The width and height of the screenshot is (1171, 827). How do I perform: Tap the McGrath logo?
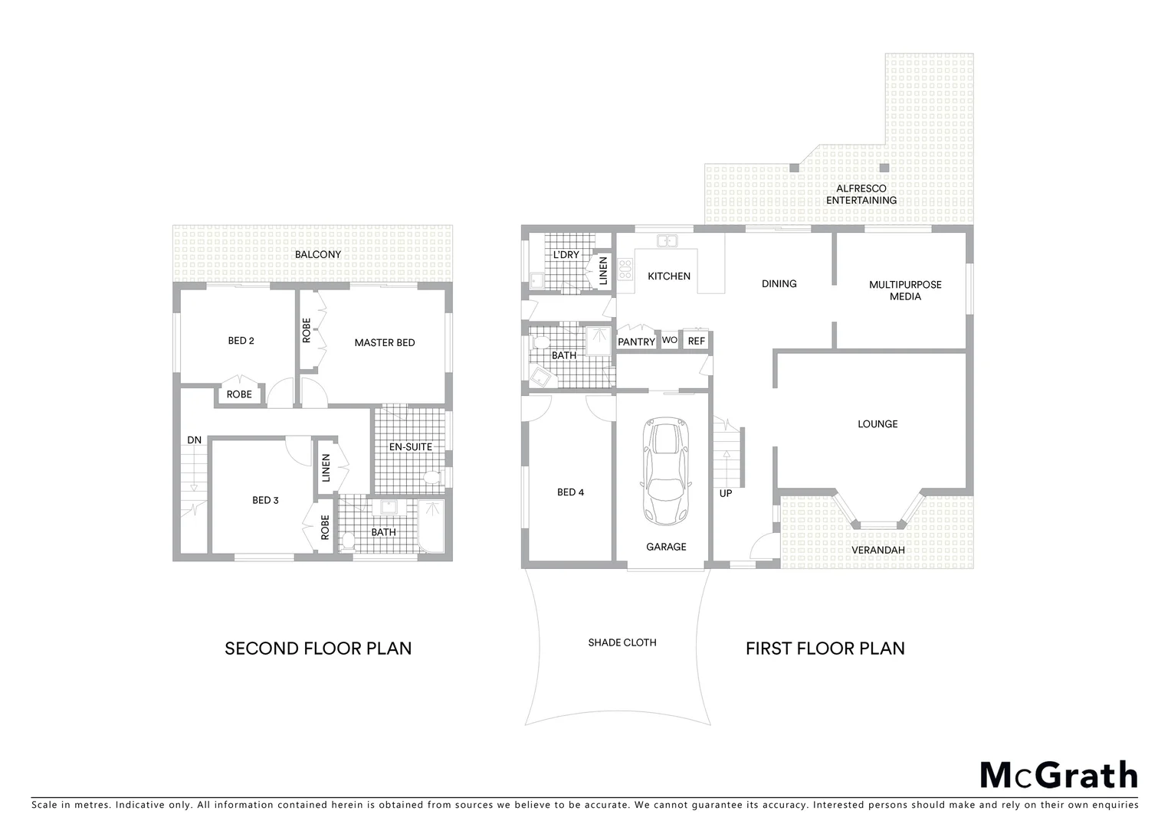(1058, 775)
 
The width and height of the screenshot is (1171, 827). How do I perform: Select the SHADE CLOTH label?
(622, 642)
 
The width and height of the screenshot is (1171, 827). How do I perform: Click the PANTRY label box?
(636, 342)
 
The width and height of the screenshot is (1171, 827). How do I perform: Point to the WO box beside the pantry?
(669, 341)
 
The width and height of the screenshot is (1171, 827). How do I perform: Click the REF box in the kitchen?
(696, 341)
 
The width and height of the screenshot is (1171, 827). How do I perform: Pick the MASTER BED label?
(384, 342)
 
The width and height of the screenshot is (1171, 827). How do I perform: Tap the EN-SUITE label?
(411, 446)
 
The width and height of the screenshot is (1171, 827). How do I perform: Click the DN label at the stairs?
(195, 440)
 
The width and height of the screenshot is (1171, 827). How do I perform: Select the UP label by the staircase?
(725, 493)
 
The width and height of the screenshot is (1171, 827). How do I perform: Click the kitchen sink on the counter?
(666, 241)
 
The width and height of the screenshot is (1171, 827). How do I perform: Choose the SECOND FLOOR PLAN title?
(318, 649)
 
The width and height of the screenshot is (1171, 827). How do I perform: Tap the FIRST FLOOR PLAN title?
(825, 649)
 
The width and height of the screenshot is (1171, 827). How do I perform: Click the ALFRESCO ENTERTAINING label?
(861, 194)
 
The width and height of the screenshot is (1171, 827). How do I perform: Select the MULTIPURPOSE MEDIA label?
(904, 290)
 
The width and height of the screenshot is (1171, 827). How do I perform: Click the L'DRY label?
(566, 254)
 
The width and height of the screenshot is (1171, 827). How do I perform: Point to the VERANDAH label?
(878, 550)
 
